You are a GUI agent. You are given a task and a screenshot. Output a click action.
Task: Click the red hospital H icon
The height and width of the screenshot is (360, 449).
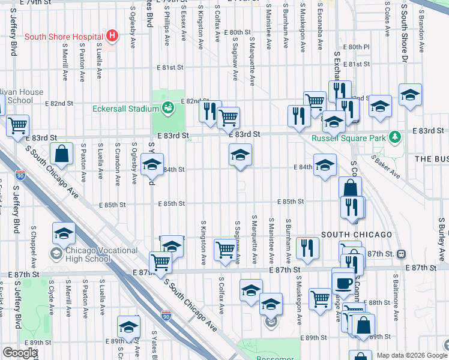pos(111,36)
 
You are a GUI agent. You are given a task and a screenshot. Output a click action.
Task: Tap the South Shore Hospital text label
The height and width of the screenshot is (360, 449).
pos(64,37)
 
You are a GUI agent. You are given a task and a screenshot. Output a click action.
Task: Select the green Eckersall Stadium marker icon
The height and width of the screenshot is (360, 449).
pos(167,109)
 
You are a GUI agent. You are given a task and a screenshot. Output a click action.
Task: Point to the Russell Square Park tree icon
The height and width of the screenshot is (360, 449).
pos(394,138)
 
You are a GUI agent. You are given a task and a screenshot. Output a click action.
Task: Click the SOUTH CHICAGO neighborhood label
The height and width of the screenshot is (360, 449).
pos(357,234)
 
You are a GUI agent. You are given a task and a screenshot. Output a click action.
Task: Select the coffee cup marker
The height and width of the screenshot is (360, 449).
pos(344,282)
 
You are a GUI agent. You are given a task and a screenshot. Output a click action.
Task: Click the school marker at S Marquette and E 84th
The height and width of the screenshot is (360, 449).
pos(240,156)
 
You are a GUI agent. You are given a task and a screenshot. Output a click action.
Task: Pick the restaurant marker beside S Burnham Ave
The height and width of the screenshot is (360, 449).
pos(307,247)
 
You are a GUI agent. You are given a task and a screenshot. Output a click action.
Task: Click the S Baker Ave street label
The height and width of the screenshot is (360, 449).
pos(385,167)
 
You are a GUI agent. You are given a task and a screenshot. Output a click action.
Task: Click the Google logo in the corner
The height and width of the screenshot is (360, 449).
pos(19,352)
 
